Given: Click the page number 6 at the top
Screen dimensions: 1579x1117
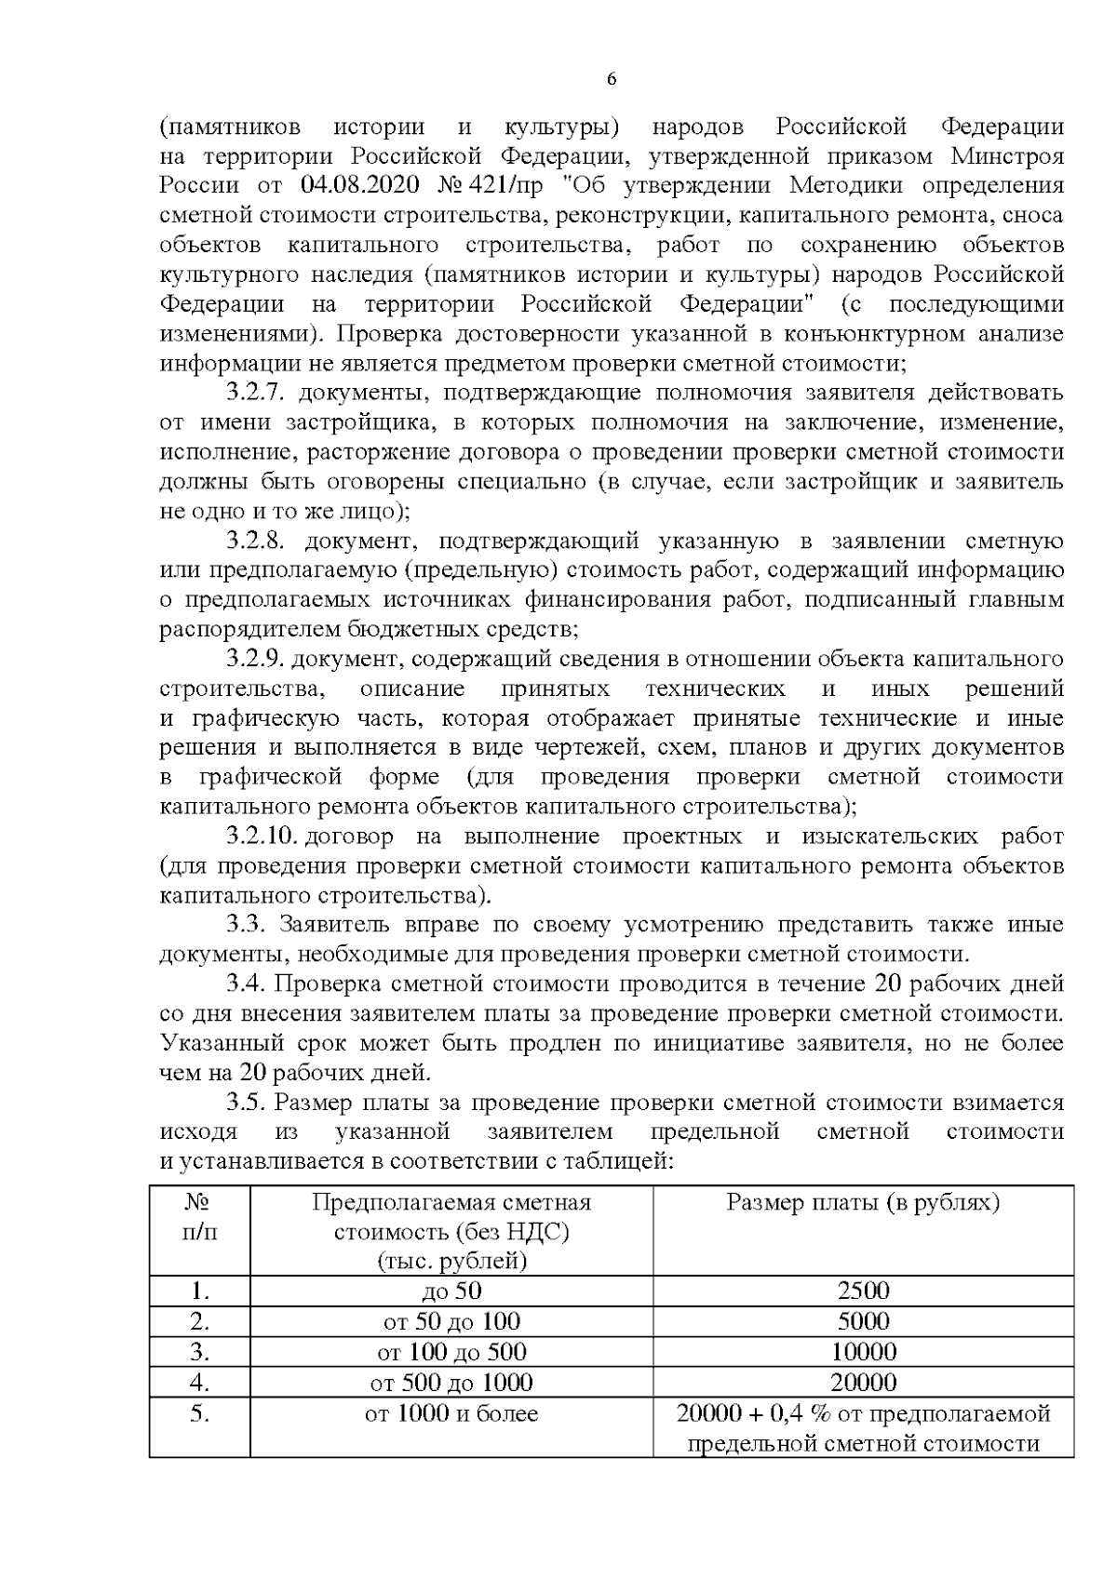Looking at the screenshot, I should tap(612, 80).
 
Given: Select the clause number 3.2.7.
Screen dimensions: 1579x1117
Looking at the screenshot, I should tap(254, 393).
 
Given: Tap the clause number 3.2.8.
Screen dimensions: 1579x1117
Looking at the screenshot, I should tap(254, 542).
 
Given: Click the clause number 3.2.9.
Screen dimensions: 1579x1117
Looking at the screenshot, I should tap(254, 660).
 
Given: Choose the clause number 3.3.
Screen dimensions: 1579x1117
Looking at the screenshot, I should tap(247, 925).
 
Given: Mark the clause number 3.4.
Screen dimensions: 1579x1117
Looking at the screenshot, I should tap(247, 984).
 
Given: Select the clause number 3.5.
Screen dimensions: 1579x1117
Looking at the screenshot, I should tap(247, 1103).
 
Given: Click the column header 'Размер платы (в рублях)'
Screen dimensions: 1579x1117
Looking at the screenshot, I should tap(863, 1202).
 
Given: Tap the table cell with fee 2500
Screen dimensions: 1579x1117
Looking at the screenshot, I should tap(863, 1291).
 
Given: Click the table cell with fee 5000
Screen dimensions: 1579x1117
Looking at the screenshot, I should tap(863, 1321).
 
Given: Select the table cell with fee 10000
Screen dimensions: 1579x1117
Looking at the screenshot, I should tap(863, 1352).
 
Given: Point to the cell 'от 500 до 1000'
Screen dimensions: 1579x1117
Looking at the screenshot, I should tap(451, 1383).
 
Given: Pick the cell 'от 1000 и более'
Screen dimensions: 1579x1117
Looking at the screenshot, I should tap(451, 1414).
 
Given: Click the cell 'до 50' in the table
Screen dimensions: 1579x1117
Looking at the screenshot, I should tap(451, 1291).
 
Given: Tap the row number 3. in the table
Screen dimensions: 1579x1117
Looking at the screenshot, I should tap(199, 1352).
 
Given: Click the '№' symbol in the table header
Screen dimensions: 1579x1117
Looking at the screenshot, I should tap(197, 1202).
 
